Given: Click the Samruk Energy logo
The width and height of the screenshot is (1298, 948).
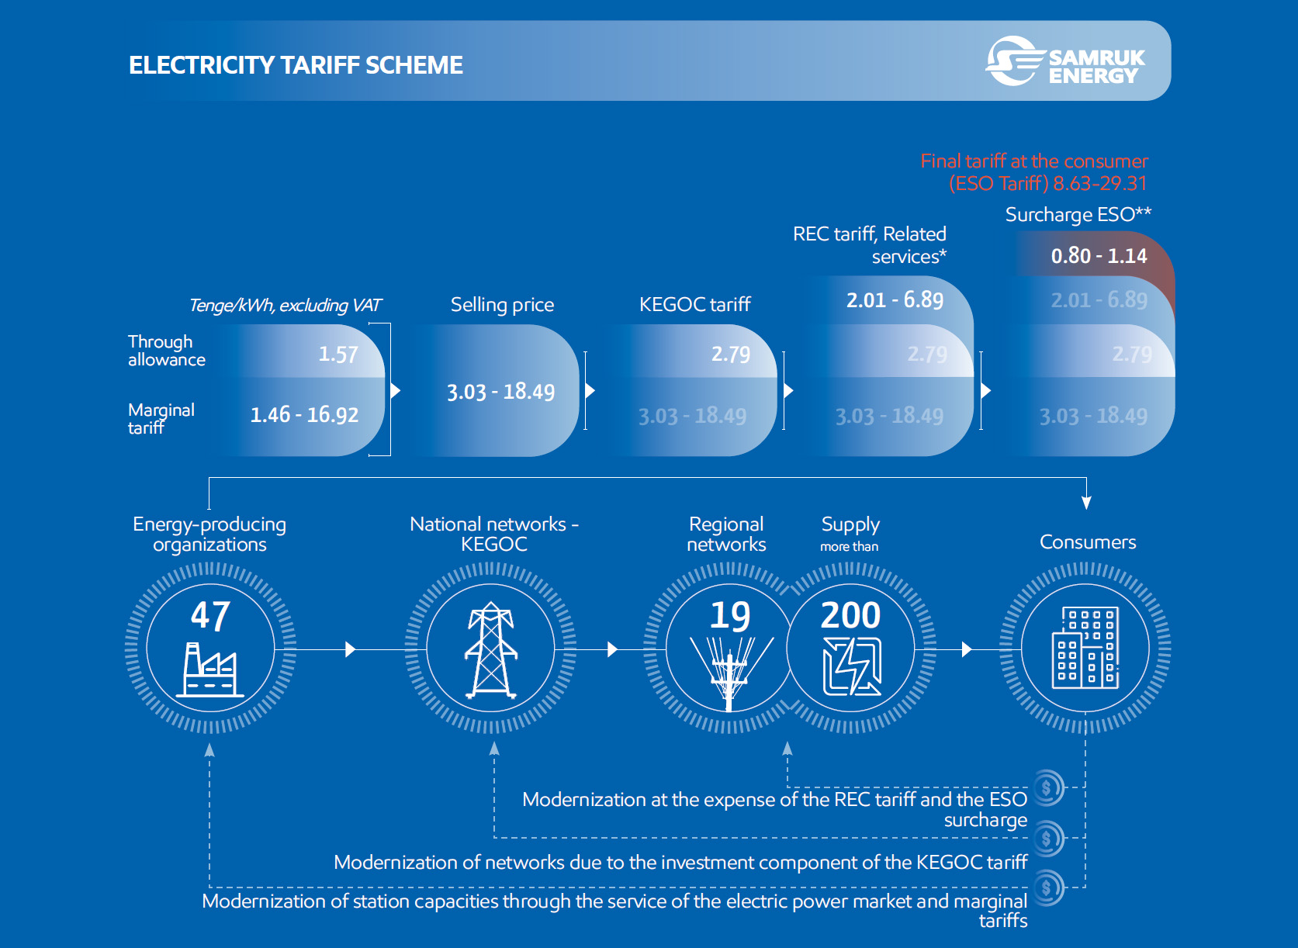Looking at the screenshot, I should click(1065, 61).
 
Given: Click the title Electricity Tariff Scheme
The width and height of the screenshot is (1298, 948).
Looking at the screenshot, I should click(296, 65).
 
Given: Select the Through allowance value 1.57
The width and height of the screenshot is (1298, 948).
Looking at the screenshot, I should click(338, 355).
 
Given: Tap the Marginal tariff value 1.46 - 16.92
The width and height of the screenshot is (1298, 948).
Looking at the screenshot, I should click(304, 415).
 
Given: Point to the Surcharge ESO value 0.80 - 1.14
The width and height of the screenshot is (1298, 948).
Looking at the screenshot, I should click(1099, 256).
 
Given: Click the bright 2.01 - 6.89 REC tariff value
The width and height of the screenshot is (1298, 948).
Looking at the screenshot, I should click(895, 299).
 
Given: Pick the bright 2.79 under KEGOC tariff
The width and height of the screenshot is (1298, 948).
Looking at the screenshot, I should click(731, 355).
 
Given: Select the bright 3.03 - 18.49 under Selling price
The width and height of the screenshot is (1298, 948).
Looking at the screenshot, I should click(500, 392).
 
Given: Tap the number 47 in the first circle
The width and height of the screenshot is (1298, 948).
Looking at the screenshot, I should click(210, 616).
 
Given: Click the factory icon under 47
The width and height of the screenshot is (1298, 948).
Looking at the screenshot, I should click(209, 670).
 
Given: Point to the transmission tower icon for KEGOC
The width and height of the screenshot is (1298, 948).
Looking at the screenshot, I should click(491, 650).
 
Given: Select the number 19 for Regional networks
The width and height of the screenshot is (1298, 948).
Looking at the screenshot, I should click(730, 616).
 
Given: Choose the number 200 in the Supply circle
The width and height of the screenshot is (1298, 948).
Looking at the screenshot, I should click(850, 616).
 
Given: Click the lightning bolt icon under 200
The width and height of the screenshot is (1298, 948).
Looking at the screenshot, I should click(853, 666).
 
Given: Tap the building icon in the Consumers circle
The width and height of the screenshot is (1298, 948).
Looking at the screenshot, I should click(1085, 648).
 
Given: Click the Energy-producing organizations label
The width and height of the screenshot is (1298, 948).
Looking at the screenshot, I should click(209, 534).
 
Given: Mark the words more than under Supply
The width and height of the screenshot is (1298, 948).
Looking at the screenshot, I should click(850, 546).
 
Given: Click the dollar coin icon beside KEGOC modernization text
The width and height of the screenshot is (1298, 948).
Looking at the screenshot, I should click(1047, 838).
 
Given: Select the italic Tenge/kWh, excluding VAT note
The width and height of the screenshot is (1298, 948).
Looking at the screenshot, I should click(285, 306).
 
